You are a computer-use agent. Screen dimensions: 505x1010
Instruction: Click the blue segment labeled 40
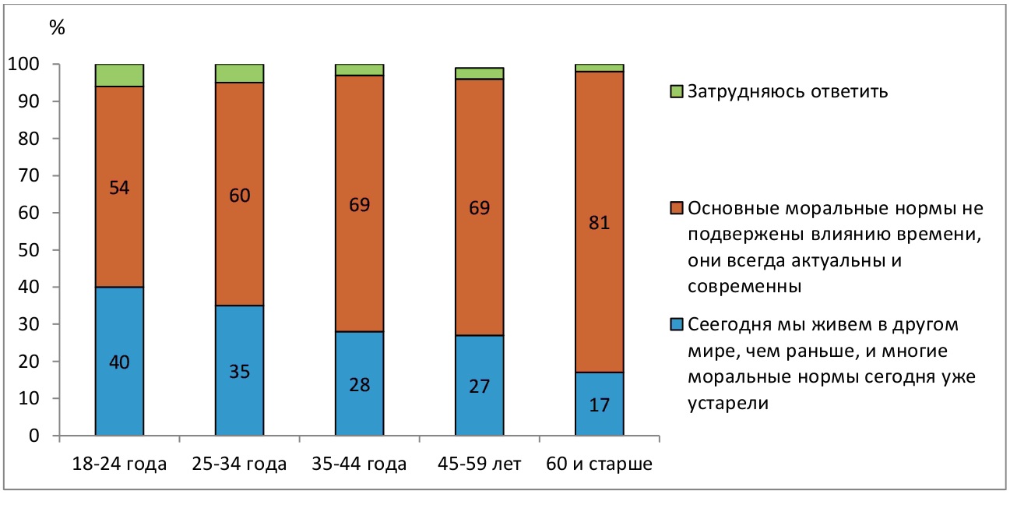tap(119, 361)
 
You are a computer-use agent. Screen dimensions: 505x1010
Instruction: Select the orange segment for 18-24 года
tap(119, 187)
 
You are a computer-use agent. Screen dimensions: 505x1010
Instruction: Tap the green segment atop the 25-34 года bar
tap(239, 73)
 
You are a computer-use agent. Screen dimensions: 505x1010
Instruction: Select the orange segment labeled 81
tap(599, 222)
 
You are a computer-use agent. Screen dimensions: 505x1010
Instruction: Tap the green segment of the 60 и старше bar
tap(599, 68)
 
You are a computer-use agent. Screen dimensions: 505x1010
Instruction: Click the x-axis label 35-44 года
tap(359, 465)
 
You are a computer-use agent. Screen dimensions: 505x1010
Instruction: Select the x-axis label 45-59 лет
tap(479, 465)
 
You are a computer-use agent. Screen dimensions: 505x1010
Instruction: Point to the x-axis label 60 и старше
tap(599, 465)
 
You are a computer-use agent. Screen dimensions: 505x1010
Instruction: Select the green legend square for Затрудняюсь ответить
tap(677, 92)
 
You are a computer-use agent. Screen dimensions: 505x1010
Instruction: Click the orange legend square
tap(677, 210)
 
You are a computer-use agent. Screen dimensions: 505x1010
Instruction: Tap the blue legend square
tap(677, 324)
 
